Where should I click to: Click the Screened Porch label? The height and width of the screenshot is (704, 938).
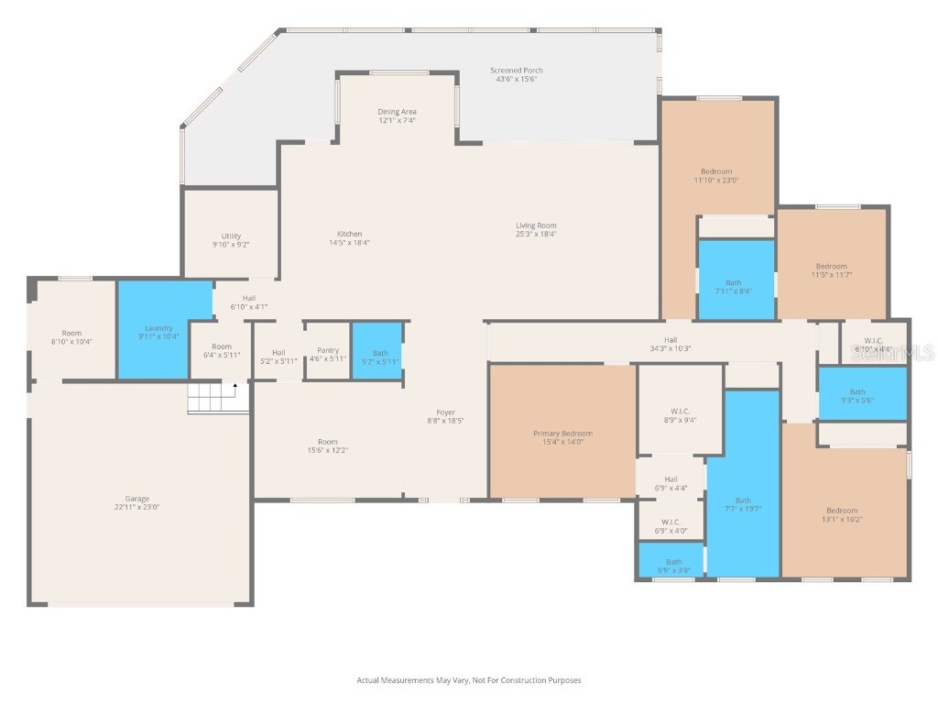click(x=517, y=71)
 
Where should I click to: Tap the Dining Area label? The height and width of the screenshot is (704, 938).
click(x=397, y=112)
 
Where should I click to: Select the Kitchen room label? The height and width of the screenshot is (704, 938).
click(x=349, y=234)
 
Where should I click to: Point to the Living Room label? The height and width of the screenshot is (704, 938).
click(x=536, y=225)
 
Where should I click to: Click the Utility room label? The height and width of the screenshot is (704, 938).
click(x=231, y=236)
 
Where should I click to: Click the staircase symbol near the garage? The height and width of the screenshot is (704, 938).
click(x=218, y=399)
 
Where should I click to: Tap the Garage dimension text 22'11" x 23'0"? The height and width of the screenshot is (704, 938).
click(x=137, y=507)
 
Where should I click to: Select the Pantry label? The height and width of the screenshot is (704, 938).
click(x=328, y=350)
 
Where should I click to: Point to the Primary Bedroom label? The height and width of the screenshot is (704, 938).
click(x=562, y=434)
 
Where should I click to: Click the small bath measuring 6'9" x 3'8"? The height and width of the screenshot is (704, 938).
click(x=673, y=563)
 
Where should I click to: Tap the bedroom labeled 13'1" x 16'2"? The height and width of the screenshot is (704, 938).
click(x=842, y=514)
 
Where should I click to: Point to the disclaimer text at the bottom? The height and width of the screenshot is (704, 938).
click(x=468, y=680)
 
